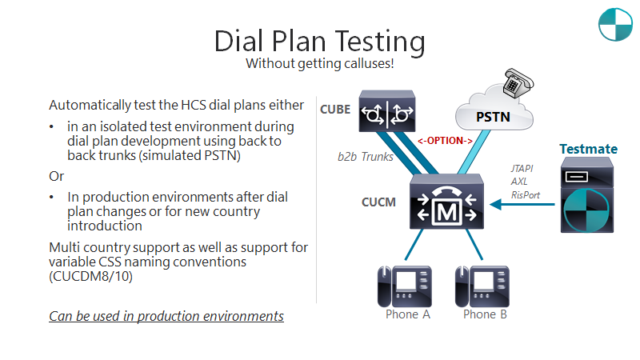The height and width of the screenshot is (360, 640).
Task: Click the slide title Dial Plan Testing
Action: click(319, 40)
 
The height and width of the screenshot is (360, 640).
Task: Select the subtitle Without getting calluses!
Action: click(319, 63)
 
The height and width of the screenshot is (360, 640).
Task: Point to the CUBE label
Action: click(335, 109)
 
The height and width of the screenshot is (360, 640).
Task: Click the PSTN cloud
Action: click(494, 115)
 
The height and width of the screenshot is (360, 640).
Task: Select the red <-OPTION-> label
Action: click(445, 141)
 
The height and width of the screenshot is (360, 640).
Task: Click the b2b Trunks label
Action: click(365, 157)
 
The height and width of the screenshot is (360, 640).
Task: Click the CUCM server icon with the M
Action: click(444, 206)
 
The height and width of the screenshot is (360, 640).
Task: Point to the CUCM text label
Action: click(378, 202)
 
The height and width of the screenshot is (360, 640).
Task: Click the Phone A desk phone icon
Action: click(404, 286)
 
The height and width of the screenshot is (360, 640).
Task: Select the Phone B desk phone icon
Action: click(482, 286)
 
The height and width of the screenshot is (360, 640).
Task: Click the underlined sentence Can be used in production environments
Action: click(166, 316)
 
